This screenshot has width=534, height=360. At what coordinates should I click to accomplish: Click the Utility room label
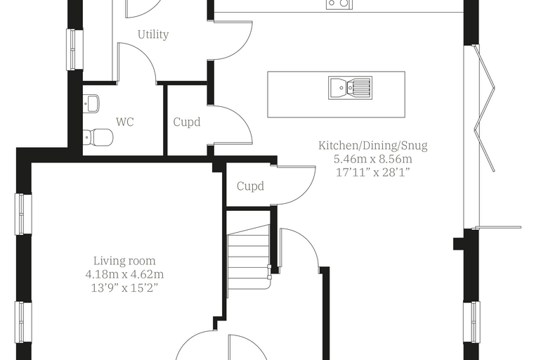click(x=153, y=34)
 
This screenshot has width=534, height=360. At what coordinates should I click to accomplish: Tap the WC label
click(x=125, y=122)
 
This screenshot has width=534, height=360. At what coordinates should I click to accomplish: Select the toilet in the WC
click(x=98, y=137)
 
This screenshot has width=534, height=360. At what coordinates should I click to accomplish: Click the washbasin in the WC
click(x=91, y=103)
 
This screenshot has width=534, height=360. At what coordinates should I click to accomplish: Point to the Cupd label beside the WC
click(x=187, y=122)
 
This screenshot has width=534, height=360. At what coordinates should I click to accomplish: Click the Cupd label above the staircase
click(x=250, y=186)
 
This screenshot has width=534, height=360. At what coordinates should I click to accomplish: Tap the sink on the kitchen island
click(x=350, y=88)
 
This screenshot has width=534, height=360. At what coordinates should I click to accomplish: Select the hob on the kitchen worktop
click(x=339, y=4)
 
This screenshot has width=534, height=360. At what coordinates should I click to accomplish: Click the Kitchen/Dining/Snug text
click(x=373, y=146)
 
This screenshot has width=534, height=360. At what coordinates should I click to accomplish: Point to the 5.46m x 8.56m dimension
click(x=373, y=159)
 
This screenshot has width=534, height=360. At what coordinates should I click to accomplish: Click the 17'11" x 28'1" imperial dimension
click(x=373, y=172)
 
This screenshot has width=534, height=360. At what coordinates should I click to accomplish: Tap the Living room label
click(x=124, y=261)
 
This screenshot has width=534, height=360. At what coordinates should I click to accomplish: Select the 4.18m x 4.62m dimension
click(x=124, y=274)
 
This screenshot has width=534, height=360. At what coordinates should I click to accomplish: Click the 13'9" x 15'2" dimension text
click(x=124, y=288)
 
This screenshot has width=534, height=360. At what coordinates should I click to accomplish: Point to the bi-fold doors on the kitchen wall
click(x=483, y=136)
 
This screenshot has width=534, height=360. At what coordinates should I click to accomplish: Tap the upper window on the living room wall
click(x=22, y=214)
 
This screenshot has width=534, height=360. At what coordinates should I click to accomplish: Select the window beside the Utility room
click(x=74, y=50)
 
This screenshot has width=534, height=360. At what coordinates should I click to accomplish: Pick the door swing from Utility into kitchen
click(x=233, y=40)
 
